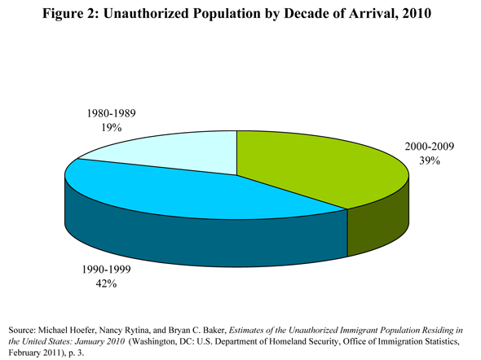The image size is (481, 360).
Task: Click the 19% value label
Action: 112,127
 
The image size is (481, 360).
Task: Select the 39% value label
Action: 430,160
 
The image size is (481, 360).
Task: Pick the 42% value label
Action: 106,283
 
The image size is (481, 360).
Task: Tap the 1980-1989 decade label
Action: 112,113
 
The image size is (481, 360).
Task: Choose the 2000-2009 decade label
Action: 430,147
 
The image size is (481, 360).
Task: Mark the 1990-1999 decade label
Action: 106,270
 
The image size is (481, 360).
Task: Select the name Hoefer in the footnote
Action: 83,331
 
